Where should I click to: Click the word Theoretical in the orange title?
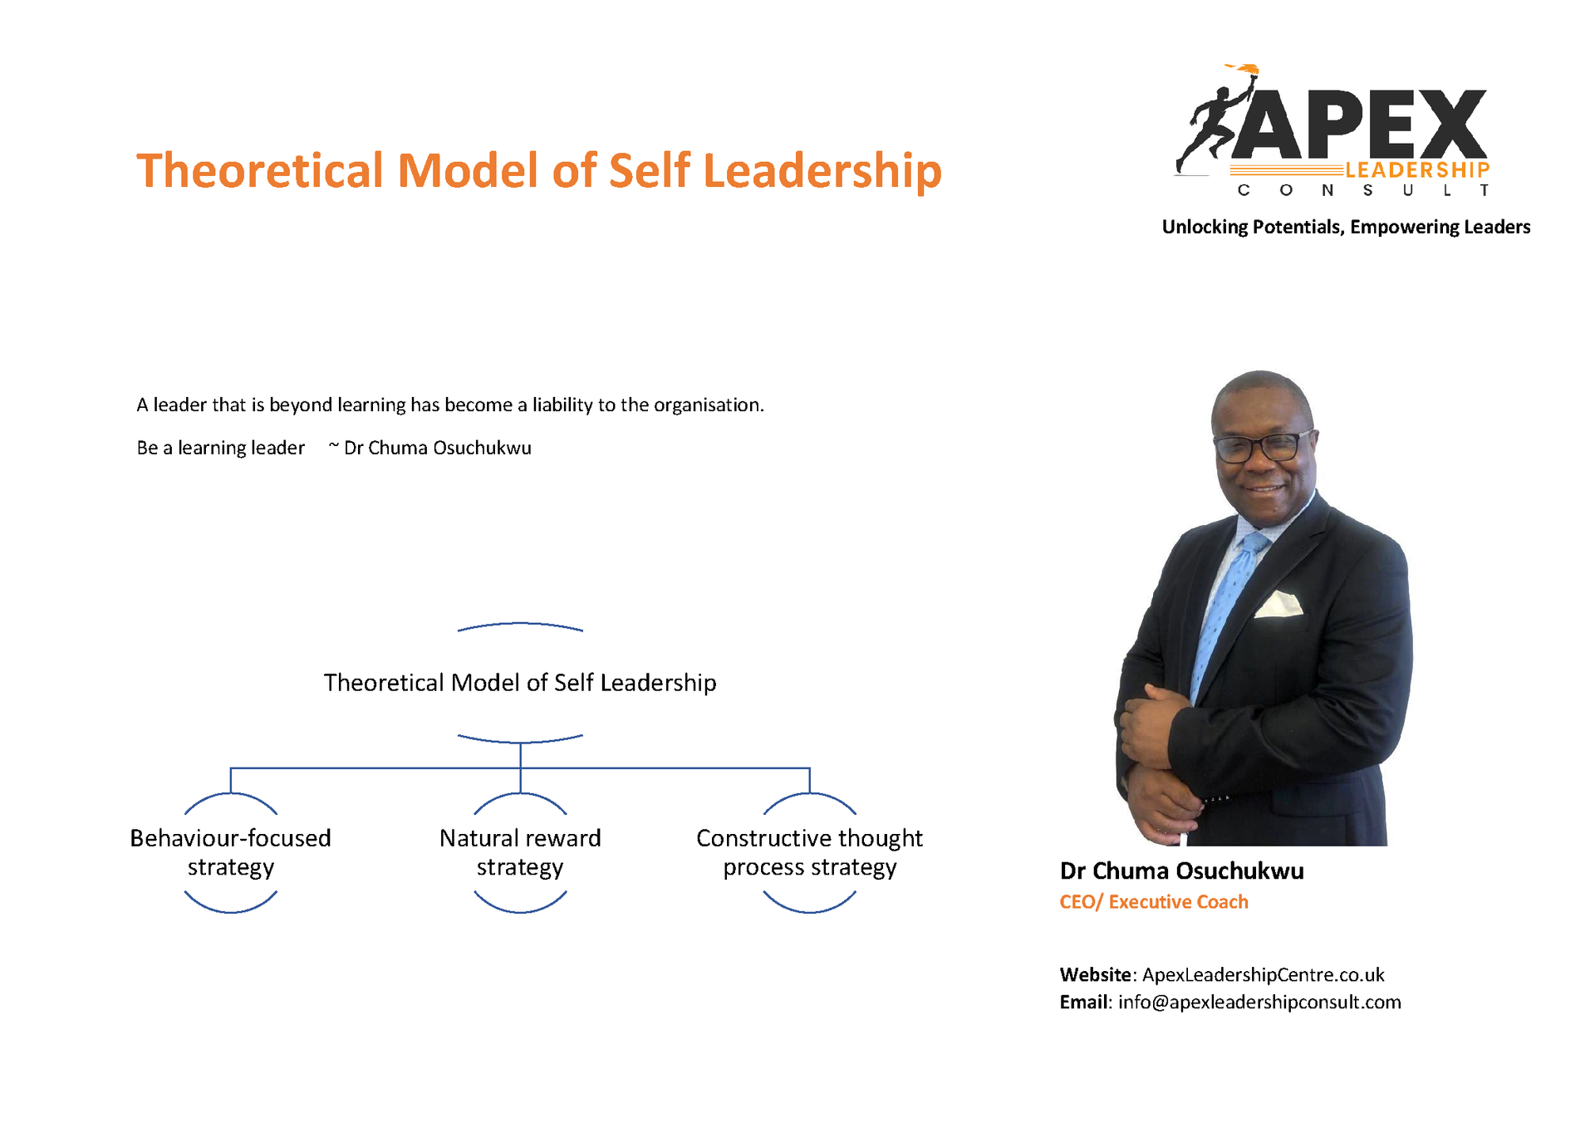click(260, 170)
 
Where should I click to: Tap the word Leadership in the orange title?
click(822, 172)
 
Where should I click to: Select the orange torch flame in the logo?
click(1244, 69)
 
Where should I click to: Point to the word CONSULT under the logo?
click(1363, 190)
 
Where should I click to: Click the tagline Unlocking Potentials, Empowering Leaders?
click(1346, 227)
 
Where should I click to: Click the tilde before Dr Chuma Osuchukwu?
click(333, 447)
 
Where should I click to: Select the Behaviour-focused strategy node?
click(230, 852)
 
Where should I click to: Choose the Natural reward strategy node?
click(520, 852)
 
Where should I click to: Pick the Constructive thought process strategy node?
click(810, 852)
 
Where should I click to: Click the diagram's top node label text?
click(520, 682)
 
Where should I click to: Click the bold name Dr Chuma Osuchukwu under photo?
click(1181, 871)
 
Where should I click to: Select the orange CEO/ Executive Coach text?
click(1154, 902)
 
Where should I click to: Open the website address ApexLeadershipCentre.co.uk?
click(1263, 974)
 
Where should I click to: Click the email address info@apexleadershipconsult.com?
click(1259, 1002)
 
